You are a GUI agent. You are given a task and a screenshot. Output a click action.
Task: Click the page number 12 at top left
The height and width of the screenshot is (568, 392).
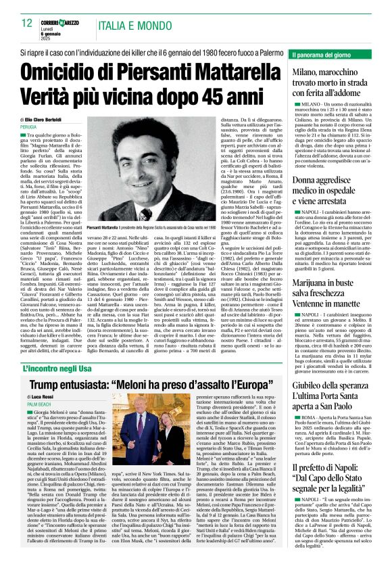pyautogui.click(x=27, y=23)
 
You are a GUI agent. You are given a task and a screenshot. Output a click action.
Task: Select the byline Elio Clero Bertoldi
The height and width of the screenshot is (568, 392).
pyautogui.click(x=58, y=118)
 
